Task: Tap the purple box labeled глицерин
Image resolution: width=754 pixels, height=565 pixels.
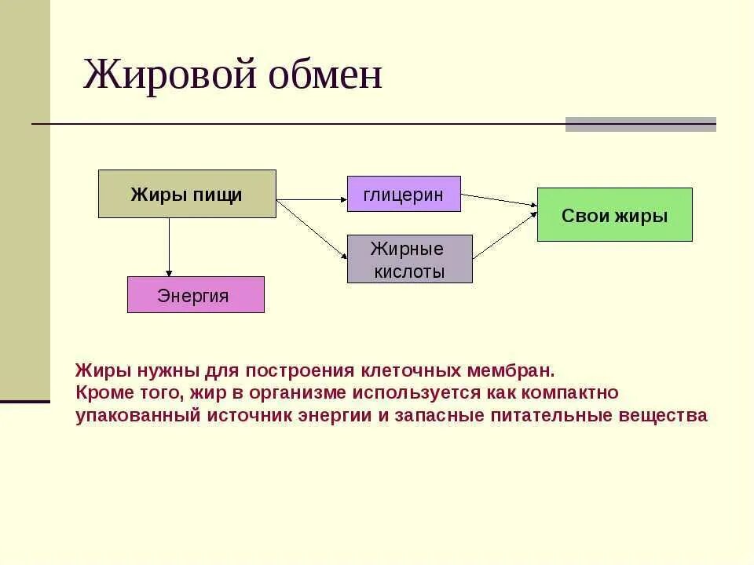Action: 404,194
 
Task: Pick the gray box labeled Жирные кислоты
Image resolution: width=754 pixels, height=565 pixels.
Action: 409,260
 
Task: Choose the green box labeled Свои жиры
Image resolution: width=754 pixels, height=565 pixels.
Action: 614,215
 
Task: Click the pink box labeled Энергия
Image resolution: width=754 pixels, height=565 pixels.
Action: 196,295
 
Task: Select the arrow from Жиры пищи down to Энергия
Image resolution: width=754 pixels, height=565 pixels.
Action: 169,247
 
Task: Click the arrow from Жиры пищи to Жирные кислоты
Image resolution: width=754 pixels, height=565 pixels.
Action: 312,228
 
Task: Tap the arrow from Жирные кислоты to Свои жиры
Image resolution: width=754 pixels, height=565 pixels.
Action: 505,234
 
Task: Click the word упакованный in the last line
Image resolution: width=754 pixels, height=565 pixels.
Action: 138,416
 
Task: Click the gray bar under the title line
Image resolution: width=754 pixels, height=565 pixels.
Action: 640,124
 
